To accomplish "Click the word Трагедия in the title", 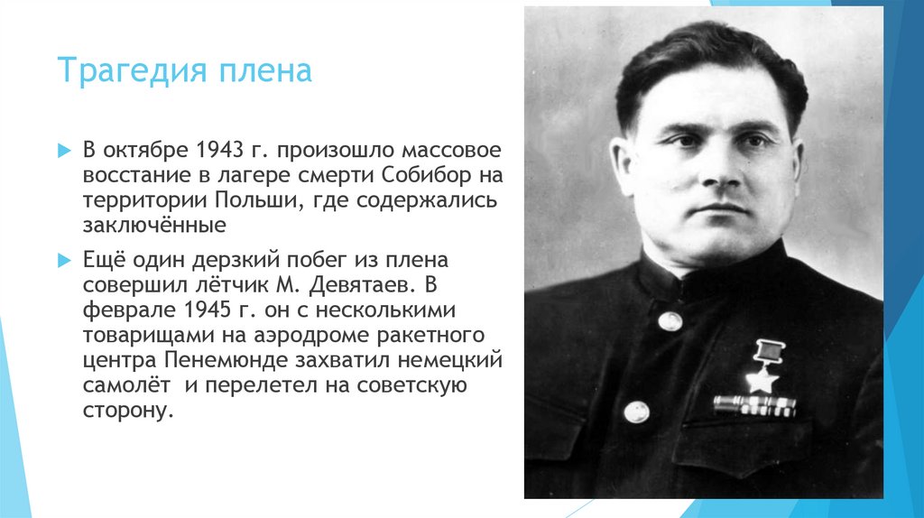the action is click(x=133, y=70).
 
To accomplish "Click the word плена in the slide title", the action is click(x=265, y=70).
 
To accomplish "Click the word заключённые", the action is click(x=154, y=225).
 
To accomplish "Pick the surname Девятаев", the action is click(x=359, y=284).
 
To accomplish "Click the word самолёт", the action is click(x=126, y=385).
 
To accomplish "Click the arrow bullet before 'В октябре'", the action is click(x=64, y=151).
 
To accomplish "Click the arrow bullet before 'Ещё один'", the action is click(x=64, y=260).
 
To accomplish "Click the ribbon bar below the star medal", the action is click(x=754, y=405).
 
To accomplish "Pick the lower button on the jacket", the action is click(x=636, y=412).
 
